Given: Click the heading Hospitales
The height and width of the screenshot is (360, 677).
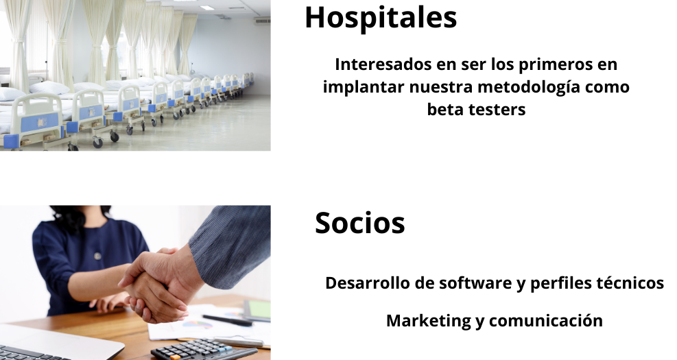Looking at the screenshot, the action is click(x=381, y=19).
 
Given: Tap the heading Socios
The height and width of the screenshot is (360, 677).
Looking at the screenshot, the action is click(x=359, y=223).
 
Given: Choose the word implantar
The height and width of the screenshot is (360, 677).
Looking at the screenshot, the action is click(x=364, y=88).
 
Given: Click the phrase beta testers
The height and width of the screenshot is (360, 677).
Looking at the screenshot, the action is click(x=476, y=110).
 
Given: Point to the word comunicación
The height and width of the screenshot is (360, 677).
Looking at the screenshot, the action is click(x=546, y=321).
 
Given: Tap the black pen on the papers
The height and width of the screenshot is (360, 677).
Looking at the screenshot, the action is click(x=227, y=320).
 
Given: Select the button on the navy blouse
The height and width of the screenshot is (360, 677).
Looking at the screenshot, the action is click(x=97, y=256).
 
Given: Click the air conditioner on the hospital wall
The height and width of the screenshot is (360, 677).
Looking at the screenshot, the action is click(x=262, y=21).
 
